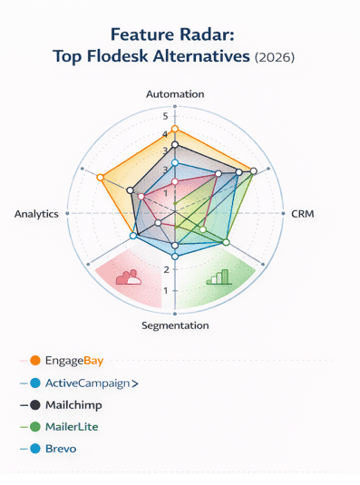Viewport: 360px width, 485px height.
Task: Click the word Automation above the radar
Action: (176, 93)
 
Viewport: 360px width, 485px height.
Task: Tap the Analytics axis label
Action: (37, 214)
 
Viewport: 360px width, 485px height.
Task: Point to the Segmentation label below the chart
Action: (175, 325)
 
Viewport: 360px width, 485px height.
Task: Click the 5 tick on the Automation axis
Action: (164, 117)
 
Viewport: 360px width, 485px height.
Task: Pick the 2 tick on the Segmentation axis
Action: (164, 269)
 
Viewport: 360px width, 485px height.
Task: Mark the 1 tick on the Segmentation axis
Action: (164, 290)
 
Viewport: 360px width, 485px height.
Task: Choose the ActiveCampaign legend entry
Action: (84, 383)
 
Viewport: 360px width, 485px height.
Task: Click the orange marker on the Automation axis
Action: (175, 129)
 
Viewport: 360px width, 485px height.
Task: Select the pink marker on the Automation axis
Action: (175, 181)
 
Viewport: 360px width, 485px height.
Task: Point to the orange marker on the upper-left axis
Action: (101, 177)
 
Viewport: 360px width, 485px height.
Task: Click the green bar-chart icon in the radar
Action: (219, 277)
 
